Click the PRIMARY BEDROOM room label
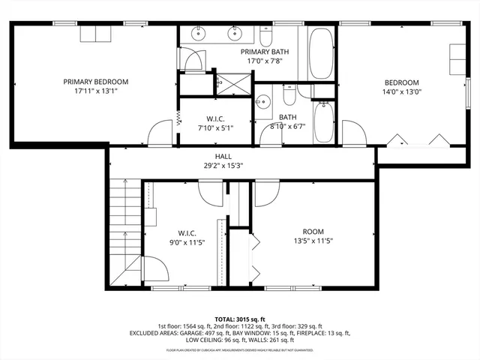95,82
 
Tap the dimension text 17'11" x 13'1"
95,91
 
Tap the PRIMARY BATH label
262,52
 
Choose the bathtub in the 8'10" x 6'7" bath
324,122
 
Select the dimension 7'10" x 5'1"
213,128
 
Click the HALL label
223,156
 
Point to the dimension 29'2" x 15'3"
223,165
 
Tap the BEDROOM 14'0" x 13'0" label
401,82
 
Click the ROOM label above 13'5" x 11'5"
313,231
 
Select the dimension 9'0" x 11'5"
187,241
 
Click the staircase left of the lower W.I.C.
124,225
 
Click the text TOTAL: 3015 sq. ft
240,319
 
